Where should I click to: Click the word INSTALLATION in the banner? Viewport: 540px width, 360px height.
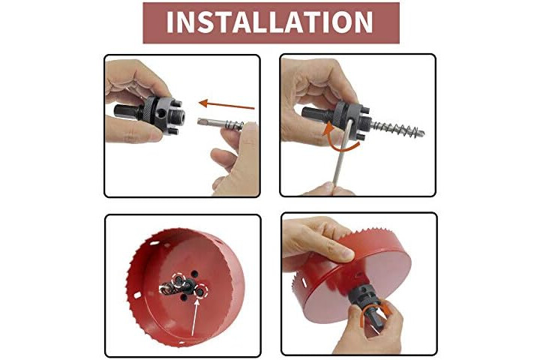pos(270,22)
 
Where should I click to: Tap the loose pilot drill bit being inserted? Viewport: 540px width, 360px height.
pos(220,123)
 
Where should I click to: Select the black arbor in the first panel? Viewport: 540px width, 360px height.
pos(149,114)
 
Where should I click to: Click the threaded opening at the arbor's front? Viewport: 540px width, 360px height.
pos(179,117)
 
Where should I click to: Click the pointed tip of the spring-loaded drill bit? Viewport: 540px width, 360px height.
pos(422,133)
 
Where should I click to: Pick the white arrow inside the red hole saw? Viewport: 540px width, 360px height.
pos(194,317)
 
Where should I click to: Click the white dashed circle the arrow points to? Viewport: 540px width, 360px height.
pos(201,291)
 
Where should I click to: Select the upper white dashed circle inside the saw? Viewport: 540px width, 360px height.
pos(178,280)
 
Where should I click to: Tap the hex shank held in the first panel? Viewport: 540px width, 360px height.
pos(125,111)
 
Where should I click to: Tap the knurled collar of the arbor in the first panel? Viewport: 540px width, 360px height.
pos(150,109)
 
